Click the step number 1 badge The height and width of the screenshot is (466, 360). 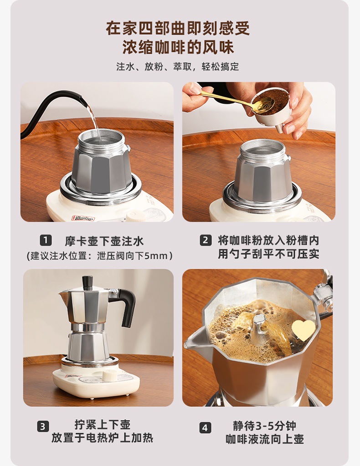[46, 240]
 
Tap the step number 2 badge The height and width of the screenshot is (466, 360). [206, 240]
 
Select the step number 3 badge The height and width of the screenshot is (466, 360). [43, 427]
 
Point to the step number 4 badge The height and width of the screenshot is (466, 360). [205, 428]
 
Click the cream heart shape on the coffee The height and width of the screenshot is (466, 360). [303, 330]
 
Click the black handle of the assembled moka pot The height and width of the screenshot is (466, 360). [125, 306]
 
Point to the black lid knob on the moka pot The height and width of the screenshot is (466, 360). [87, 282]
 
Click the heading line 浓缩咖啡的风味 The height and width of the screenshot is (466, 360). [178, 47]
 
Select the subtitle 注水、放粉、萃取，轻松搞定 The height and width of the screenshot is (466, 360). [177, 67]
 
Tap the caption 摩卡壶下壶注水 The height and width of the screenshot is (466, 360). [104, 241]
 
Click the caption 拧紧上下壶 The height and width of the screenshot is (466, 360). [102, 425]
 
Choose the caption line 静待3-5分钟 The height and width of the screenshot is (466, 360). [264, 426]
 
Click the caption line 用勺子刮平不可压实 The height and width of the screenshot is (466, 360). [268, 254]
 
